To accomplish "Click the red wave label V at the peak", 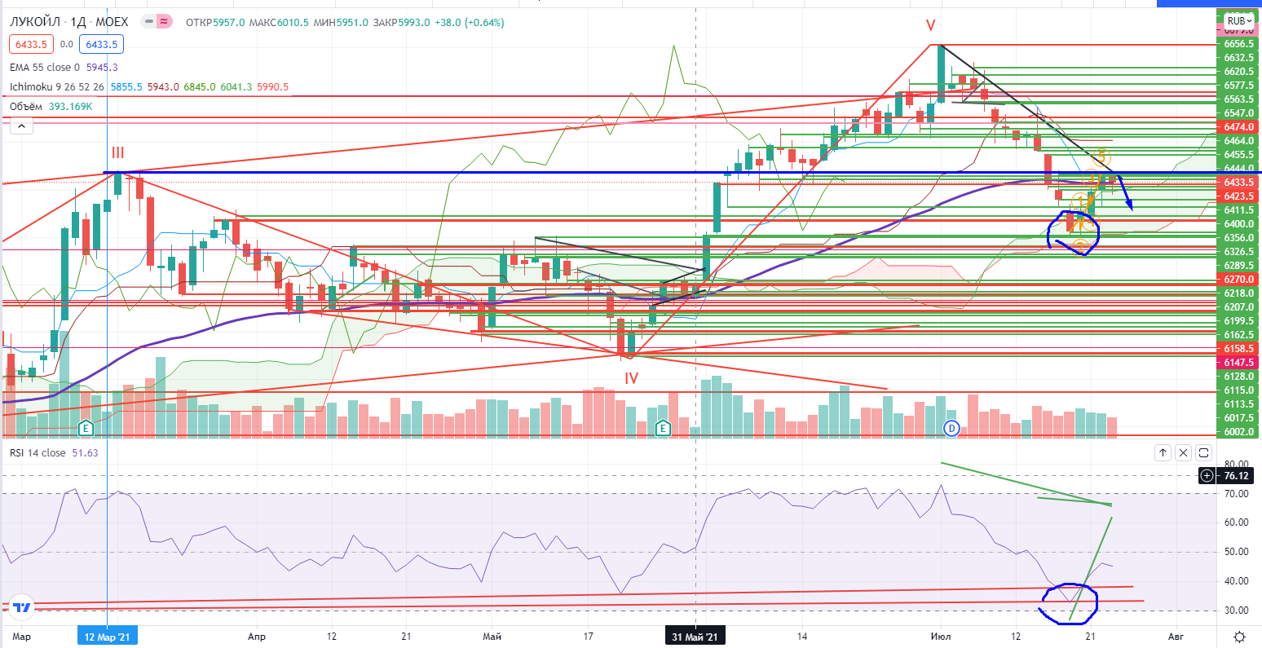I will (x=930, y=25).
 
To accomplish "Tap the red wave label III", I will (x=118, y=152).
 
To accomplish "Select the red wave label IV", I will (x=631, y=378).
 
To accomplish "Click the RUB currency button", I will (x=1237, y=20).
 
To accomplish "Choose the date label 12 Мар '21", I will (x=108, y=636).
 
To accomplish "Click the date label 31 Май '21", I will (x=695, y=636).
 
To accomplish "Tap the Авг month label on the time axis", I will (x=1176, y=636).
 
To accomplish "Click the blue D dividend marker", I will (x=951, y=427).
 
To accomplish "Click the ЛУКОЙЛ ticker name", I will (x=33, y=22).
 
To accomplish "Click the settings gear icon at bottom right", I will (x=1239, y=636).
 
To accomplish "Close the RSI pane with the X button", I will (x=1183, y=452).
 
